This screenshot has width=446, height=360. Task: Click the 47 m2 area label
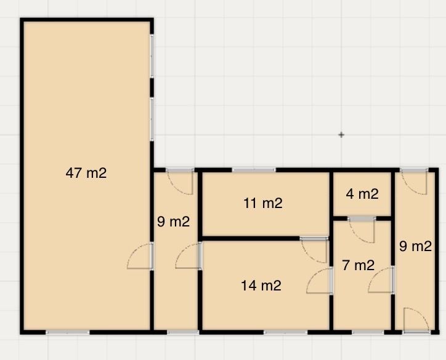86,173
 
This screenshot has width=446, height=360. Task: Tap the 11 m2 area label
263,203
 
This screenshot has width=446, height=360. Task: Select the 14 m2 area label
261,286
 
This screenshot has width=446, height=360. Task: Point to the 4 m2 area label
362,194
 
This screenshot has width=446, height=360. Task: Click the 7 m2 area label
358,265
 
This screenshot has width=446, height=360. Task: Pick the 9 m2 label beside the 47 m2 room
174,222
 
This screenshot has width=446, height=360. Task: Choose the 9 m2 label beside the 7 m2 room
416,246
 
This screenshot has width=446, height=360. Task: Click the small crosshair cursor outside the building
341,135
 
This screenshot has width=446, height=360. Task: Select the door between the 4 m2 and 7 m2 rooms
362,229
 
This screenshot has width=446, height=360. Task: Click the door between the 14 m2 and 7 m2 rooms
320,281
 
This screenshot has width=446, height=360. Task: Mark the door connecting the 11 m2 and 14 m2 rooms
314,250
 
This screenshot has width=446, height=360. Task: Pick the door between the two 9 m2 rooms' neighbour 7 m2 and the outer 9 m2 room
381,280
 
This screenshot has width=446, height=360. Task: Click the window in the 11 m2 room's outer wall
254,170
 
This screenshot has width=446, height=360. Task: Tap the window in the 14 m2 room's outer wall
286,332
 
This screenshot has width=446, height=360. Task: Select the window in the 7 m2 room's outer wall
368,332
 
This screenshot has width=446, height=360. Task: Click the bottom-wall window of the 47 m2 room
68,332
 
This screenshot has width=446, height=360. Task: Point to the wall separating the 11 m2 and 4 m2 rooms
331,203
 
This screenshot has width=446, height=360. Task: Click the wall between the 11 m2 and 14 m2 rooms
249,238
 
